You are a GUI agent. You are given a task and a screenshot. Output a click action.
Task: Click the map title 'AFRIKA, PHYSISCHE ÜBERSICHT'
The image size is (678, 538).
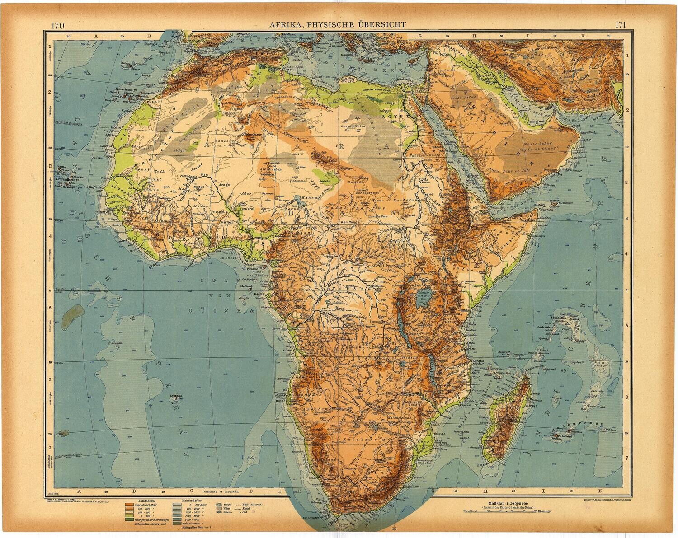tap(338, 25)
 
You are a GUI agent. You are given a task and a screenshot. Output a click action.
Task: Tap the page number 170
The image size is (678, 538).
tap(57, 25)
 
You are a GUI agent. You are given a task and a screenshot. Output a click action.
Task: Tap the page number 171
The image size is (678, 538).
tap(620, 25)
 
